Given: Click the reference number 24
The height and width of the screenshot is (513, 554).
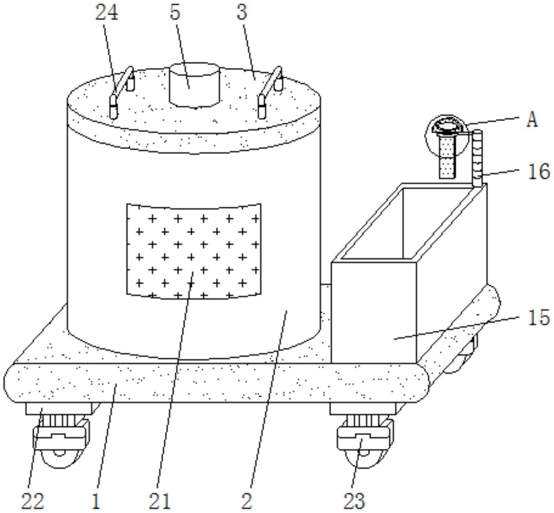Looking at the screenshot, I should coord(107,13).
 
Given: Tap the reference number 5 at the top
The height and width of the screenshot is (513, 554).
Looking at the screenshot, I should coord(175,13).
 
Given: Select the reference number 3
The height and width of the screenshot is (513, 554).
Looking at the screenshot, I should coord(242,13).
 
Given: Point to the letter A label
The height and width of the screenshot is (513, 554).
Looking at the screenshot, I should coord(532,119).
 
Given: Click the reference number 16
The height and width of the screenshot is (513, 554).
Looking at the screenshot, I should coord(539,171).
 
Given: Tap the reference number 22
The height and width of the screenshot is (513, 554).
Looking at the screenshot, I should coord(32,501).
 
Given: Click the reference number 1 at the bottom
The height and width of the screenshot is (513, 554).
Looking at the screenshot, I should coord(96,501).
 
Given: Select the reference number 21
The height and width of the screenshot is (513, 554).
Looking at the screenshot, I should coord(160,501).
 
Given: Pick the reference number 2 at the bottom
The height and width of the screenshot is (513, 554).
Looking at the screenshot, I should coord(246,501).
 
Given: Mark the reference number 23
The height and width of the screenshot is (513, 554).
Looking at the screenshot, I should coord(354,501).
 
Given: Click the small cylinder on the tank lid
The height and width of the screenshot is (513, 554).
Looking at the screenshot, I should coord(194,85).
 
